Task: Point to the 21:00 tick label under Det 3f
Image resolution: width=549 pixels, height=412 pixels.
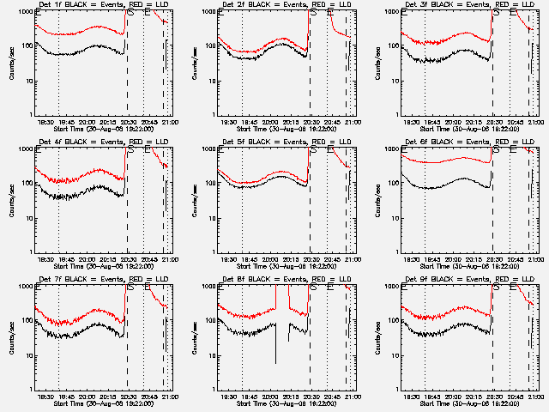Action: point(536,122)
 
